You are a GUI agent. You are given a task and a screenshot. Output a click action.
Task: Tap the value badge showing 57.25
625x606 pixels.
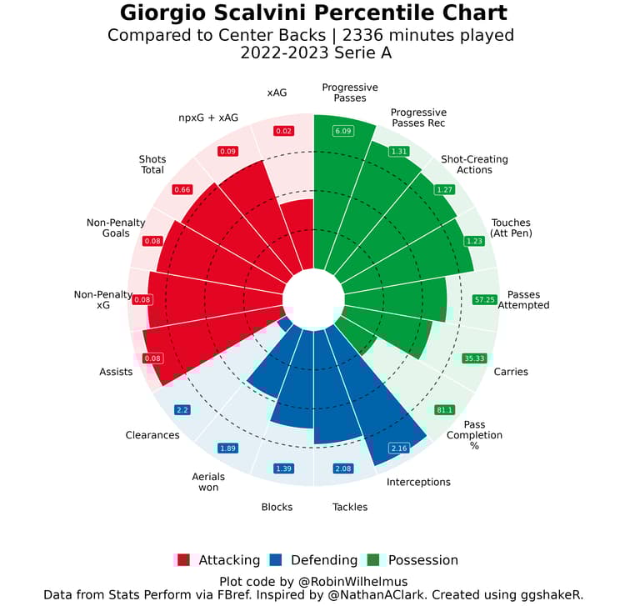coord(484,299)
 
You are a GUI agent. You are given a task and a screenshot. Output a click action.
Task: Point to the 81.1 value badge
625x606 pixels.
coord(445,410)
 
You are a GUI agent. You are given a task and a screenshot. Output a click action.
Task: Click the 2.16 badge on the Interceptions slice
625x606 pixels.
coord(399,448)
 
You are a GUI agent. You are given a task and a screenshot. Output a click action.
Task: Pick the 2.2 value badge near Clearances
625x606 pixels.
coord(183,409)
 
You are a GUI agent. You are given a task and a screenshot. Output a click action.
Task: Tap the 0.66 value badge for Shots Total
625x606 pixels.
coord(182,189)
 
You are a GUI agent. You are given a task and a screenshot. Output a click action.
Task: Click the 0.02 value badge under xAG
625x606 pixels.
coord(284,131)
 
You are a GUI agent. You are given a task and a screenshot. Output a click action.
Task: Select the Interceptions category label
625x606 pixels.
coord(418,482)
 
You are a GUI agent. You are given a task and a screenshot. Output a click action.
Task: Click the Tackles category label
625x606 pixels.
coord(350,506)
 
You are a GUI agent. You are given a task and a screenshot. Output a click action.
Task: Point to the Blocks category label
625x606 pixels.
coord(277,506)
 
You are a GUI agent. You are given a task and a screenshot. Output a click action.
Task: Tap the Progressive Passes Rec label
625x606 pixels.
coord(418,118)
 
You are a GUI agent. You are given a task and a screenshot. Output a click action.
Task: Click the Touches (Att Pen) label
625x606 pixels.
coord(511,228)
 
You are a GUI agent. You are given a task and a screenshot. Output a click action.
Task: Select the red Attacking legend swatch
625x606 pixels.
coord(184,560)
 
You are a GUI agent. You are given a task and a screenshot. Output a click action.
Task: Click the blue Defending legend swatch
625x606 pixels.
coord(277,560)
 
